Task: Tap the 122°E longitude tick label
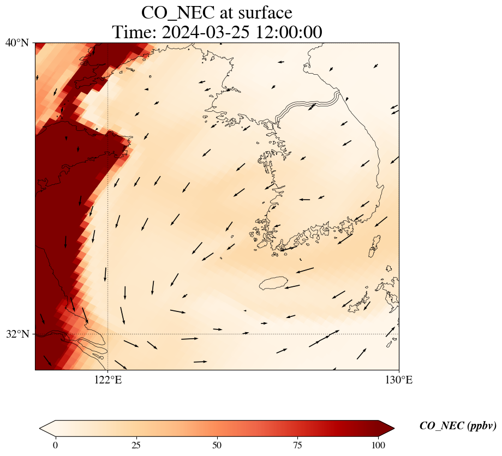tap(107, 380)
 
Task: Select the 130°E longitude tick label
tap(399, 380)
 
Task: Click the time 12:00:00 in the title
tap(286, 32)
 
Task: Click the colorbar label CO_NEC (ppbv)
tap(457, 426)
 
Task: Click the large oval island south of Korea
tap(273, 283)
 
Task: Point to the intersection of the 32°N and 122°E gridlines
tap(107, 334)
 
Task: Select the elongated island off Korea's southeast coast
tap(374, 247)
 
